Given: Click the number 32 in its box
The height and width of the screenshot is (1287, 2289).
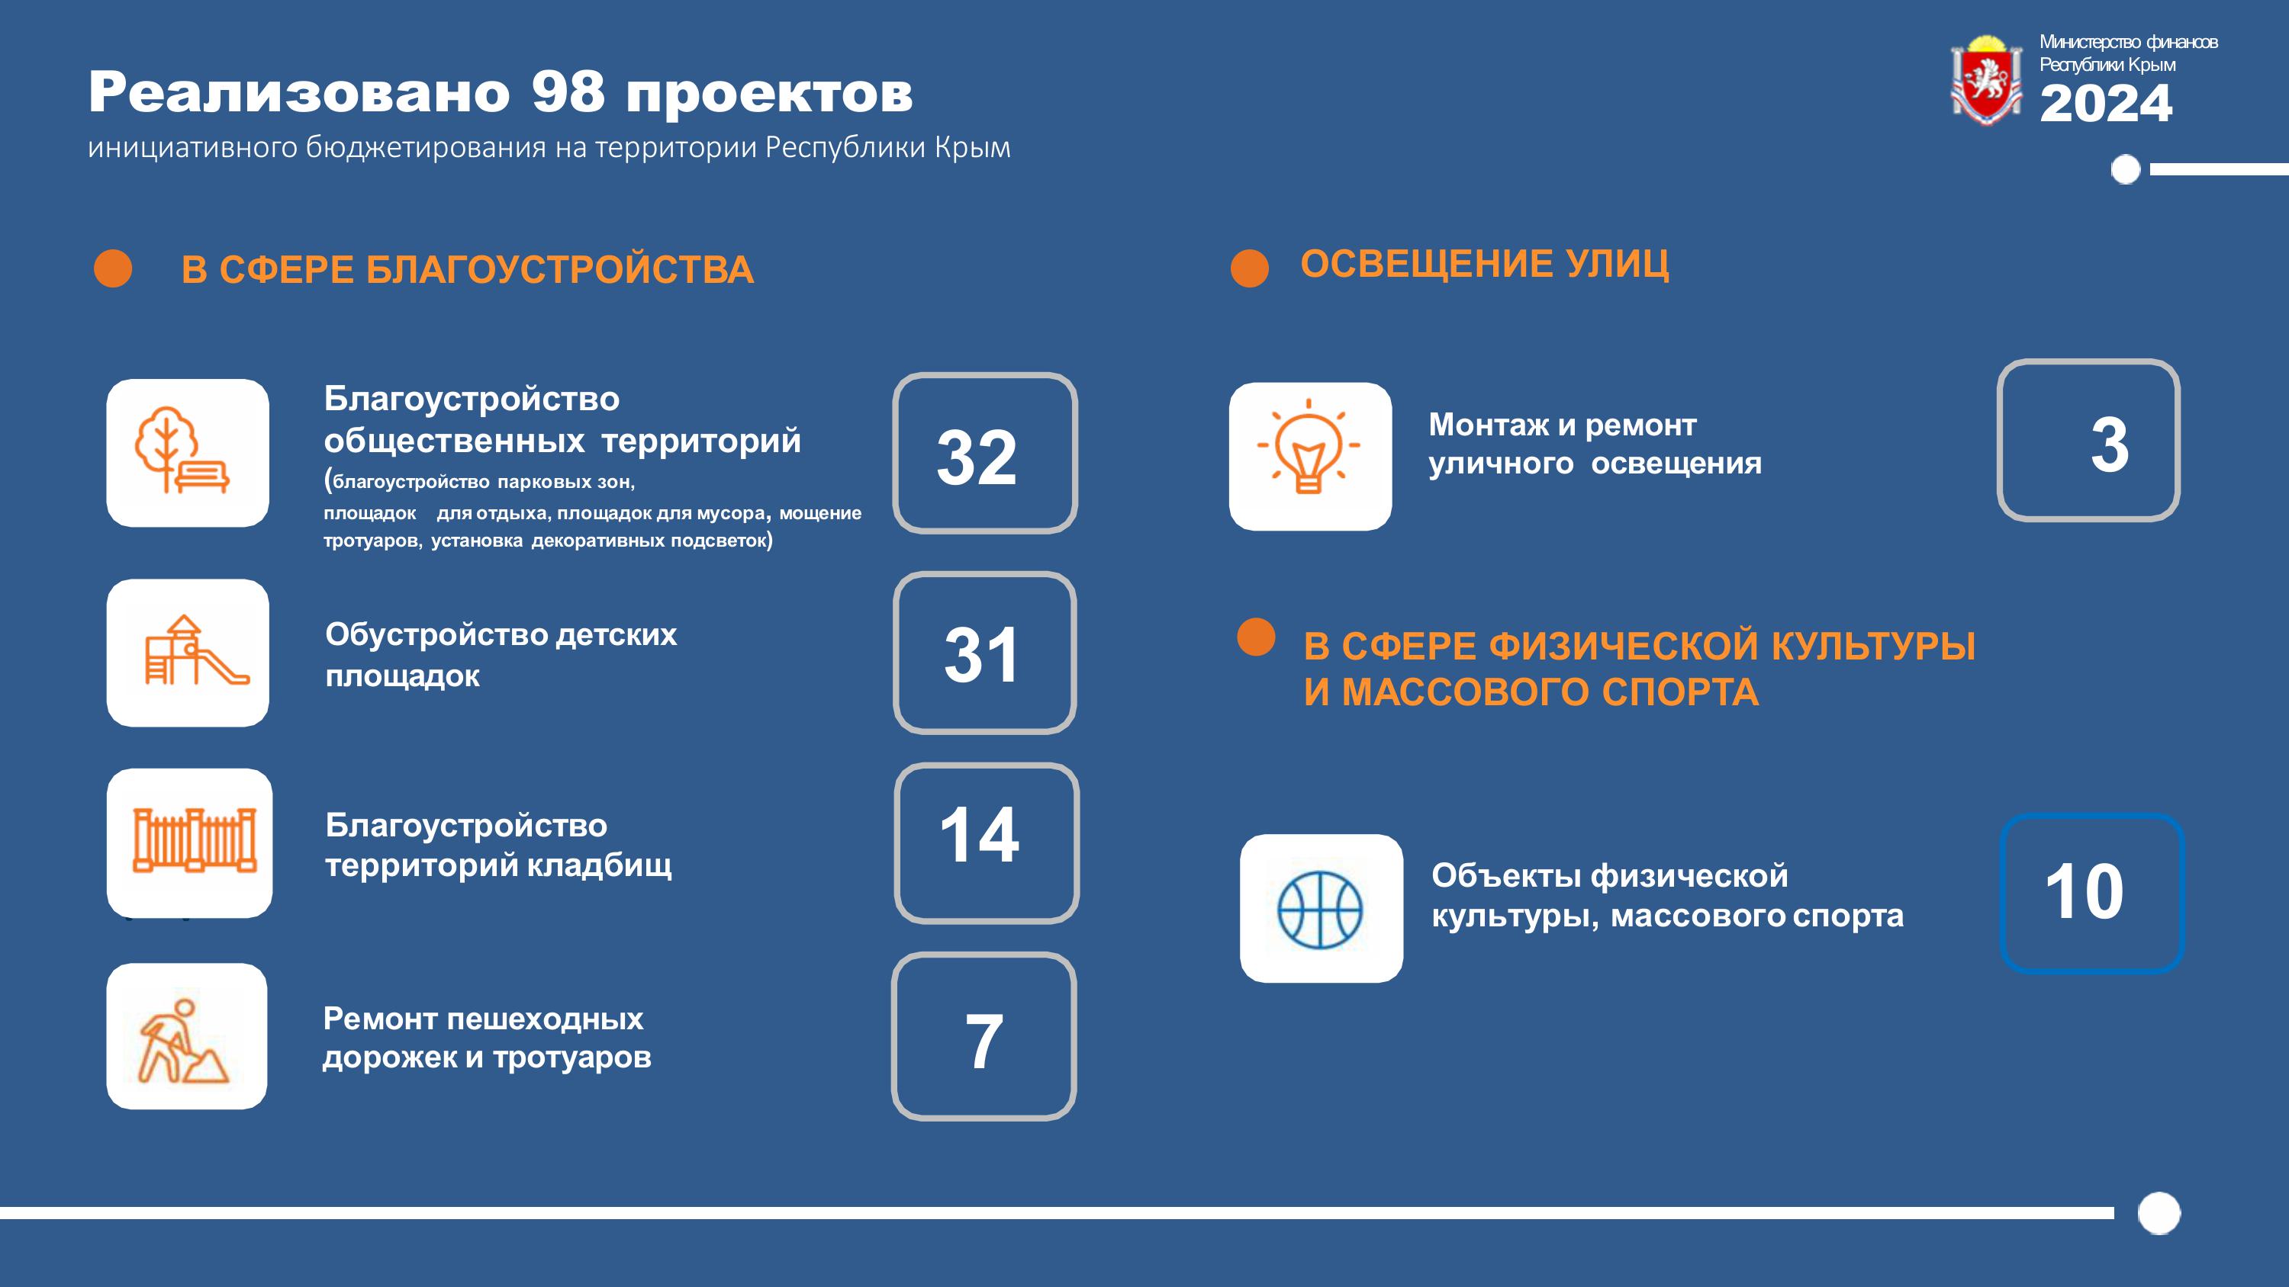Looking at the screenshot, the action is coord(977,457).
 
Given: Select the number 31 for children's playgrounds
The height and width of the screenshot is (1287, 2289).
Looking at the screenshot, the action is coord(980,655).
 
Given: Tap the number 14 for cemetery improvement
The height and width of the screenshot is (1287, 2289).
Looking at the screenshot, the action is coord(979,835).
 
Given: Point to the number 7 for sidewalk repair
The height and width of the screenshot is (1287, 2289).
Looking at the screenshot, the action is coord(984,1041).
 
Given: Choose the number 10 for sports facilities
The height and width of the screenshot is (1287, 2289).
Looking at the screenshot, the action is coord(2085,892).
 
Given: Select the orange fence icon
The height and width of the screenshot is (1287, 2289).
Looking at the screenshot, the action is coord(195,839).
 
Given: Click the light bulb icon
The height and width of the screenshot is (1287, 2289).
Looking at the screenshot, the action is coord(1308,446).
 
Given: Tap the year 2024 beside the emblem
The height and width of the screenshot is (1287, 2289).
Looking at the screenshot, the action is coord(2106,103).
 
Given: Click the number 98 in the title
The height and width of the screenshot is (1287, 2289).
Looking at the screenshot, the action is coord(568,91).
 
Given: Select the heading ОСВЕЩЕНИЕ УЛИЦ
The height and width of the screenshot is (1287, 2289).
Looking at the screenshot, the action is coord(1485,264).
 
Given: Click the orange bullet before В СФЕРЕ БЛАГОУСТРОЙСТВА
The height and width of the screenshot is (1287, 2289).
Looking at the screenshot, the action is coord(113,268).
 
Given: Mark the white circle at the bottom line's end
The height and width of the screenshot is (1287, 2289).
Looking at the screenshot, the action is coord(2159,1213).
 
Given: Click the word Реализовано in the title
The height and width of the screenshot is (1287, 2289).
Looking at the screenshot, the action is coord(299,91).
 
